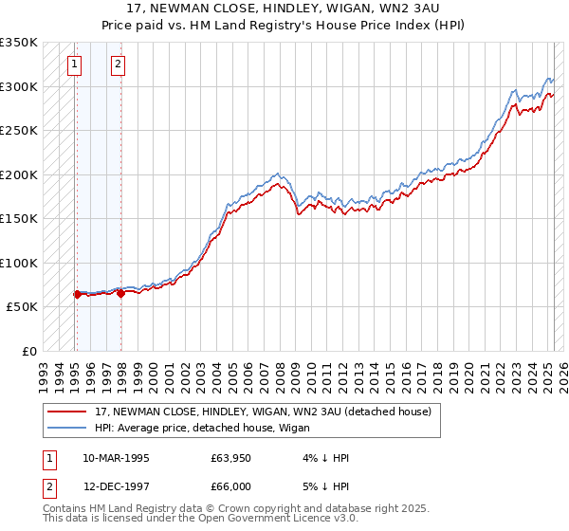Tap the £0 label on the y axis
pyautogui.click(x=28, y=352)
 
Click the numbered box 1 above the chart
pyautogui.click(x=74, y=64)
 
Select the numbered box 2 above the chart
pyautogui.click(x=118, y=64)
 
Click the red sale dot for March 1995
pyautogui.click(x=77, y=295)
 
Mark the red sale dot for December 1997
pyautogui.click(x=120, y=294)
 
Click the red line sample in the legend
pyautogui.click(x=67, y=412)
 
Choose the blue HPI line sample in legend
pyautogui.click(x=67, y=428)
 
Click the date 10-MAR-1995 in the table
pyautogui.click(x=116, y=458)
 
